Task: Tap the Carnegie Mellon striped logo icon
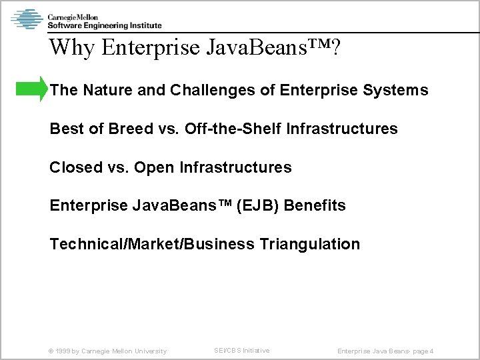click(27, 19)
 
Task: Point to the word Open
click(154, 167)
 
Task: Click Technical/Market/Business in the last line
click(151, 245)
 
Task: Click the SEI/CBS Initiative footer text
click(241, 351)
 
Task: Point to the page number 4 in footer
click(432, 351)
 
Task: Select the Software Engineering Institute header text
click(105, 26)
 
